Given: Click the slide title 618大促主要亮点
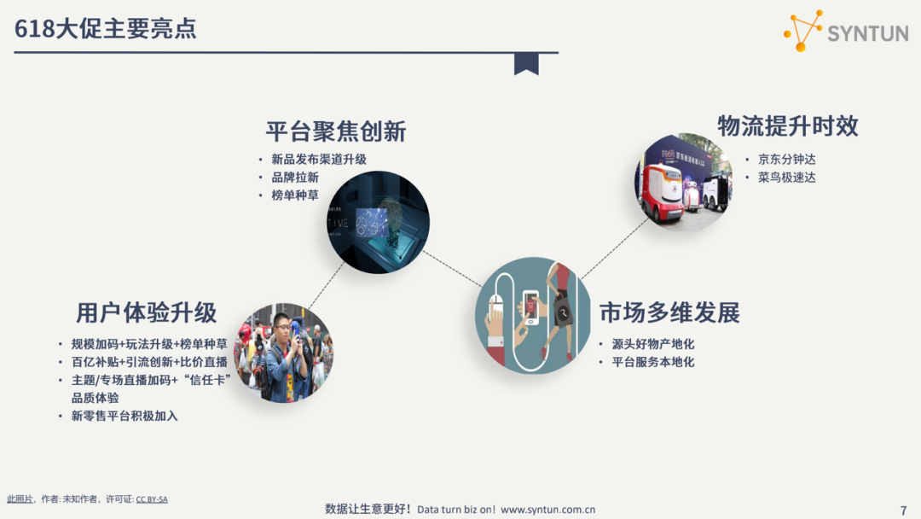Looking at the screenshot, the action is point(105,29).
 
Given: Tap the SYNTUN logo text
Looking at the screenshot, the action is point(866,33).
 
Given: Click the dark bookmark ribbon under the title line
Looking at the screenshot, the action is point(526,63).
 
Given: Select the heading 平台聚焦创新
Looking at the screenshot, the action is point(335,131).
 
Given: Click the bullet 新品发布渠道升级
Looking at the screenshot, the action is point(319,160).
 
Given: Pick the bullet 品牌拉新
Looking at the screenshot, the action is point(295,178).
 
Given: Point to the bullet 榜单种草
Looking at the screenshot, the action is point(295,195).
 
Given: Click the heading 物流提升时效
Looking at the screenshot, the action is point(787,126).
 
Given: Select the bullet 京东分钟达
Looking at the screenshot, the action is point(786,160).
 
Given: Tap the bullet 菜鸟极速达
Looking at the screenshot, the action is point(786,178).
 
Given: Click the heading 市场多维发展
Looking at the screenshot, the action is point(669,312).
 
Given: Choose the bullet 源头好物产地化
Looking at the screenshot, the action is point(652,344).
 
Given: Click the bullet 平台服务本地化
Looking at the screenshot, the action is point(652,362).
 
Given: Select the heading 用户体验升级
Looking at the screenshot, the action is point(146,312).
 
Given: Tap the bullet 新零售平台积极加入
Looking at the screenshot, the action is point(125,416).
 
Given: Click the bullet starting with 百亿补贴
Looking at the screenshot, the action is point(149,362).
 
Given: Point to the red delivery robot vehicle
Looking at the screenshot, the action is point(663,191).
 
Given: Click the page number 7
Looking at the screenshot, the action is point(903,510).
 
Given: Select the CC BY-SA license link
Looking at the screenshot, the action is point(152,499).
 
